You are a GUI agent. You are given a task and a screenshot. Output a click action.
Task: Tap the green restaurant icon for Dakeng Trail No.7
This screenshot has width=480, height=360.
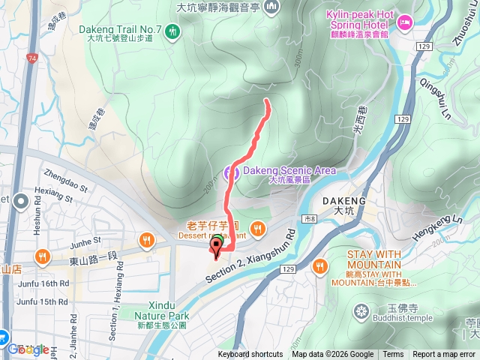click(174, 31)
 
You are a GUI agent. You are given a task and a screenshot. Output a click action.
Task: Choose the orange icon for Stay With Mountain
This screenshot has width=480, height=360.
click(321, 265)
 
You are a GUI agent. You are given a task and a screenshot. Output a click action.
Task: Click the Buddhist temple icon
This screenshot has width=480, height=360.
click(363, 310)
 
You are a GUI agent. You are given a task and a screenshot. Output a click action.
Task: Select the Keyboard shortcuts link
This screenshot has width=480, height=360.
click(250, 355)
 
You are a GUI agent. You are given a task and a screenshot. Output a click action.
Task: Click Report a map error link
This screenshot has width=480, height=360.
click(444, 355)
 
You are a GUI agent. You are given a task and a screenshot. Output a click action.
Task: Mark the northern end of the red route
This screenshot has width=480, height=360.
click(268, 100)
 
